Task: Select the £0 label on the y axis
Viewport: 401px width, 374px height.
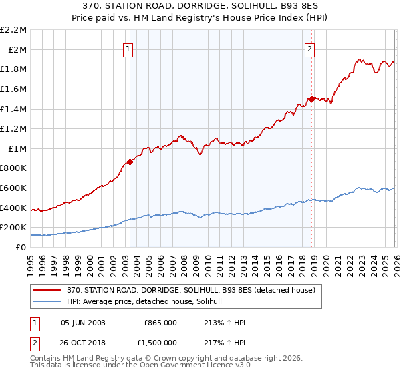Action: [x=21, y=248]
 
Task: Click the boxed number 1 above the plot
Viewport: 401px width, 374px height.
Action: [x=128, y=48]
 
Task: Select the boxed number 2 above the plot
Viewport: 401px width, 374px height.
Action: [x=311, y=48]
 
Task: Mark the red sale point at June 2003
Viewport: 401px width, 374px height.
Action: [x=130, y=162]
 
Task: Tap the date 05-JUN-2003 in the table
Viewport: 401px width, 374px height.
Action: [x=83, y=322]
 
